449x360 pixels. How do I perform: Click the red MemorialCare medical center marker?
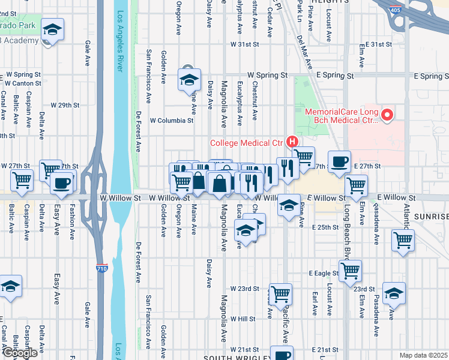pyautogui.click(x=387, y=114)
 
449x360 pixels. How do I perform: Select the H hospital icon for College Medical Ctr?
pyautogui.click(x=292, y=142)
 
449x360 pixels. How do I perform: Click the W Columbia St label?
pyautogui.click(x=172, y=120)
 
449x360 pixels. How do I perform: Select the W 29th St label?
pyautogui.click(x=65, y=105)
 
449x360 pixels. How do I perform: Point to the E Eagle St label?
pyautogui.click(x=324, y=273)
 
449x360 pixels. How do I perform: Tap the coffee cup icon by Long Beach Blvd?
pyautogui.click(x=340, y=161)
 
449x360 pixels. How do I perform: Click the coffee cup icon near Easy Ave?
pyautogui.click(x=61, y=182)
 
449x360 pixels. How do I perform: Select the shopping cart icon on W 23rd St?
pyautogui.click(x=280, y=294)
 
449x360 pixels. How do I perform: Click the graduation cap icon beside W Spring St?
pyautogui.click(x=189, y=79)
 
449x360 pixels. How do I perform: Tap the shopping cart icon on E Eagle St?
pyautogui.click(x=350, y=269)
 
